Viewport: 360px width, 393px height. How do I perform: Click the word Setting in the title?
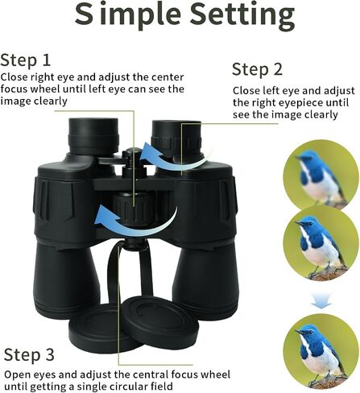[x=242, y=14]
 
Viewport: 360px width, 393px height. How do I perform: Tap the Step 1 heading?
[x=26, y=60]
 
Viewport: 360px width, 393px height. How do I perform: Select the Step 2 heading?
[x=257, y=69]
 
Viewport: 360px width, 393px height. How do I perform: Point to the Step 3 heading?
[x=29, y=354]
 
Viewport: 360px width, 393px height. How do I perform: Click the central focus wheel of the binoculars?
[x=134, y=207]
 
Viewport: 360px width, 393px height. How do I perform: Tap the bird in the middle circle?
[x=321, y=247]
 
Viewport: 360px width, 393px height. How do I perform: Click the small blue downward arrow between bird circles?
[x=321, y=300]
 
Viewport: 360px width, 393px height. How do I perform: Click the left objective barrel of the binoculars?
[x=66, y=279]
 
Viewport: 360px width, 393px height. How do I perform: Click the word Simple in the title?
[x=128, y=15]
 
